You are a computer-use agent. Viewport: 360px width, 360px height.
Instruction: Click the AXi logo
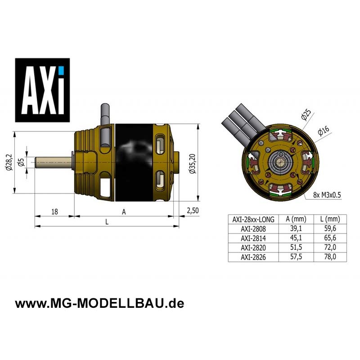[42, 90]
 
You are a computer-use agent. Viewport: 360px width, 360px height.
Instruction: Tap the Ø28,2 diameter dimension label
[9, 162]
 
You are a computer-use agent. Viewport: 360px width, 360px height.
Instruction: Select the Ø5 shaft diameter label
[21, 162]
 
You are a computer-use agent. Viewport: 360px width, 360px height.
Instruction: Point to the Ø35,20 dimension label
[193, 163]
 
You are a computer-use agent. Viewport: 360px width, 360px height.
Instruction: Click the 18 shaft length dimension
[54, 211]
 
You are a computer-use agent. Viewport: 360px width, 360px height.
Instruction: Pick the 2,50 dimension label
[193, 211]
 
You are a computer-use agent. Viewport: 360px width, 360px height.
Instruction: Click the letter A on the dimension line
[124, 212]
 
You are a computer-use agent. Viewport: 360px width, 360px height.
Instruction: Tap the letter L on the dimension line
[107, 222]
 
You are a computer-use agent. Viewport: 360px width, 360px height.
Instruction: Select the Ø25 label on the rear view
[306, 115]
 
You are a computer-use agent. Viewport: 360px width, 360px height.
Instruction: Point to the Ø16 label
[324, 131]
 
